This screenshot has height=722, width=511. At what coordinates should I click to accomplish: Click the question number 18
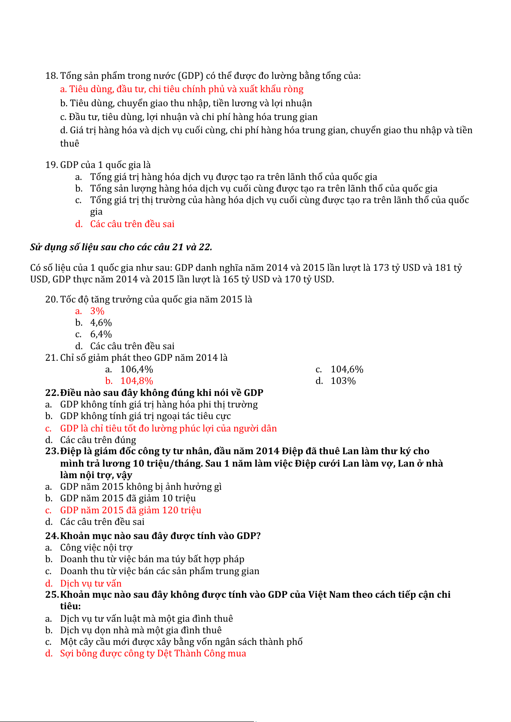click(51, 76)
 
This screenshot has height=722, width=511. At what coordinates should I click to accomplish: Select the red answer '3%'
click(97, 311)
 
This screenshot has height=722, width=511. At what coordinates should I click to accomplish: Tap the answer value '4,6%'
click(101, 323)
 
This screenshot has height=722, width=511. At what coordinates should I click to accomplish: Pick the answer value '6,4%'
click(101, 334)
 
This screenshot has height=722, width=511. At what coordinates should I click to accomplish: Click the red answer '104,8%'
click(136, 381)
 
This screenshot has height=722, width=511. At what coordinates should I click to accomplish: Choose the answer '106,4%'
click(136, 369)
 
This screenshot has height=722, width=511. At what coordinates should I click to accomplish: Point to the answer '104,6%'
click(347, 369)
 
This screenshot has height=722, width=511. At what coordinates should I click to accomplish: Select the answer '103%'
click(343, 381)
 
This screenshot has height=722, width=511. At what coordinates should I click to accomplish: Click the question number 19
click(51, 165)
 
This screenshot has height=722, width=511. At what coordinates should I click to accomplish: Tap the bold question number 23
click(51, 451)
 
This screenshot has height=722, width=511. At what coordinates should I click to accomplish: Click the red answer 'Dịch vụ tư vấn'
click(91, 583)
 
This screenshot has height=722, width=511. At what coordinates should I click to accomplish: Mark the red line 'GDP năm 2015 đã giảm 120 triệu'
click(130, 510)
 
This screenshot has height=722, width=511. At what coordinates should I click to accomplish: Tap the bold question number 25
click(51, 595)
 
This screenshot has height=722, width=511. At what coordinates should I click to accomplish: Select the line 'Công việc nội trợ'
click(96, 548)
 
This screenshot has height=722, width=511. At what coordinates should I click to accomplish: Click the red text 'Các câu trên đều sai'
click(132, 224)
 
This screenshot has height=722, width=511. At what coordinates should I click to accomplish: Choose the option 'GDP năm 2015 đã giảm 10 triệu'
click(128, 498)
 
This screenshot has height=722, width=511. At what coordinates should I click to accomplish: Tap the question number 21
click(51, 358)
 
